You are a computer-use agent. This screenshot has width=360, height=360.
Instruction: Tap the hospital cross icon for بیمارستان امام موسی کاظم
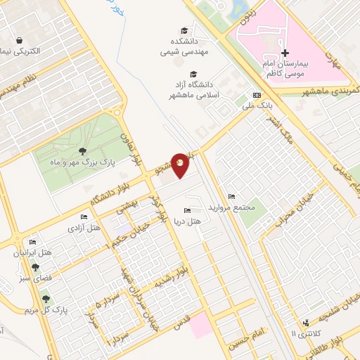(285, 53)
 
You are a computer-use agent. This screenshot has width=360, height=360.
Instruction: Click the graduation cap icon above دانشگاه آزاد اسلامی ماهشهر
(193, 74)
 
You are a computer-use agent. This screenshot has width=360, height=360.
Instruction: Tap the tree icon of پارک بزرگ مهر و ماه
(83, 151)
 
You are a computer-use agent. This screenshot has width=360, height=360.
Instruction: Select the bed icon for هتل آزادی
(84, 217)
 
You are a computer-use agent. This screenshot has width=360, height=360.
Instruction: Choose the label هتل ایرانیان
(34, 252)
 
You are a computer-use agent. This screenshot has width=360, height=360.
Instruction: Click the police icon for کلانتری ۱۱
(306, 323)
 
